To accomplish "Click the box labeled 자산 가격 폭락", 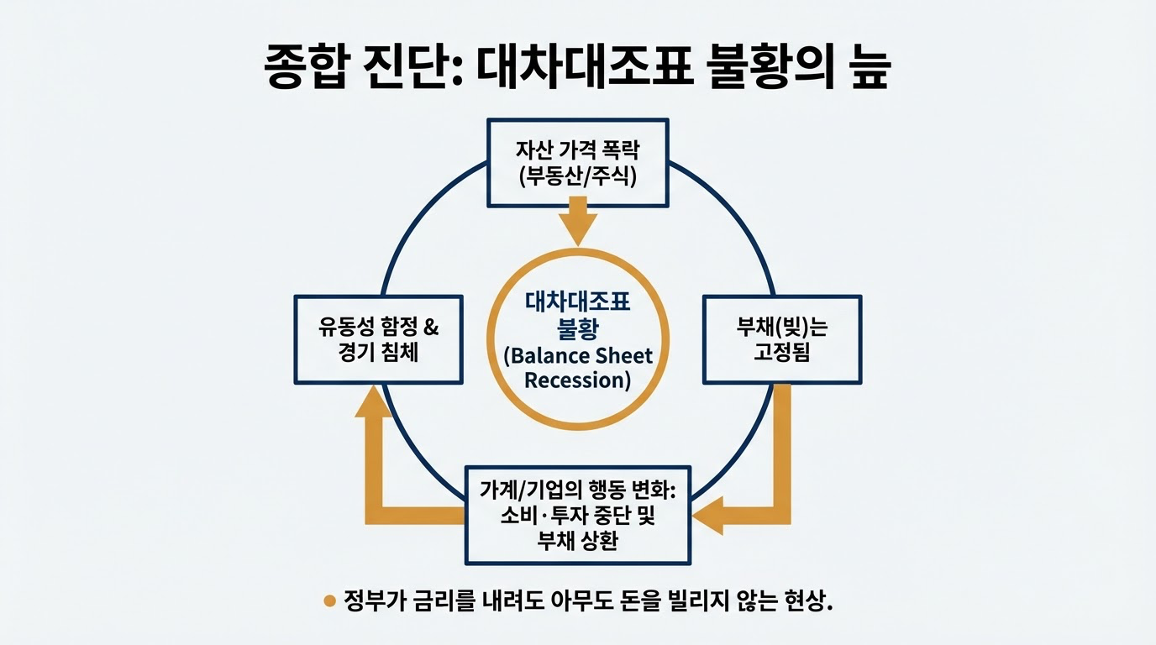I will pos(579,162).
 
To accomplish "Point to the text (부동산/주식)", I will pos(579,176).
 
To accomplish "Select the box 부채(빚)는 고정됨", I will pos(781,339).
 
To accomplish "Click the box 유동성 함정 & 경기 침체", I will pos(378,339).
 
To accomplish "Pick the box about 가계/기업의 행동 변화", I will pos(578,515).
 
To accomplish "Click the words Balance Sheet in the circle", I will pos(578,355).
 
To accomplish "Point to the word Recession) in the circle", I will pos(578,380).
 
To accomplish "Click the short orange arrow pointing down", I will pos(578,221).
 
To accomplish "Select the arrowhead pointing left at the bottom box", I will pos(708,515).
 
